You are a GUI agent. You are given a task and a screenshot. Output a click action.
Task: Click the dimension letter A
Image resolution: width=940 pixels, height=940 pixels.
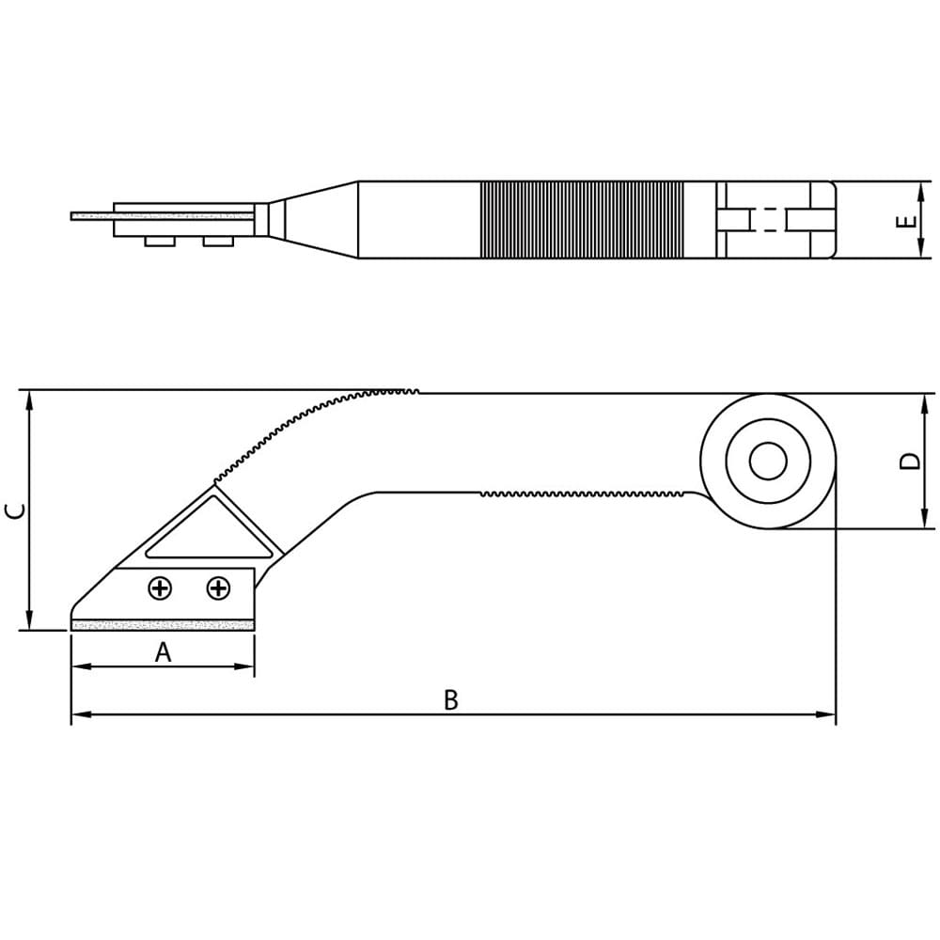(163, 651)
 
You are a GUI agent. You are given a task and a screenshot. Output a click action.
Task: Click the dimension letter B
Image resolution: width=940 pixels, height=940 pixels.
(451, 699)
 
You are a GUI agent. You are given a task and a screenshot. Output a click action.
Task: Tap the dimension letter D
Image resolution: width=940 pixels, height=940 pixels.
(910, 461)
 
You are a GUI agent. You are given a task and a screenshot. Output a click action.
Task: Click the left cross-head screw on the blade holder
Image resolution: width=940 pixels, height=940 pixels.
(160, 588)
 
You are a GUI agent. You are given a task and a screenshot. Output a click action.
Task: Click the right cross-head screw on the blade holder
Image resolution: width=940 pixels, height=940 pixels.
(218, 588)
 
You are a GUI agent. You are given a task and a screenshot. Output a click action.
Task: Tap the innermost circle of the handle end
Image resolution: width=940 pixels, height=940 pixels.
(768, 461)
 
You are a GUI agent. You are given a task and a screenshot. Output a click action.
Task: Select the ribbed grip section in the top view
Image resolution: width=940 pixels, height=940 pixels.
(582, 219)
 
